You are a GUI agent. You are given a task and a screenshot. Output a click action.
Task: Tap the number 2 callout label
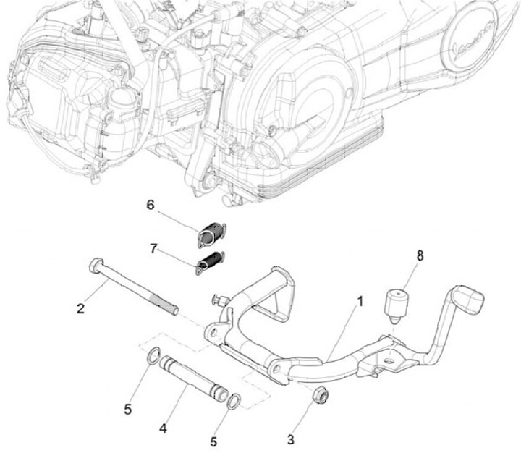coord(81,309)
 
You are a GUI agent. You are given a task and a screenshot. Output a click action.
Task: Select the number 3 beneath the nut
coord(292,439)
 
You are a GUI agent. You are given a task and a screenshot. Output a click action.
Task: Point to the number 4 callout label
coord(164,429)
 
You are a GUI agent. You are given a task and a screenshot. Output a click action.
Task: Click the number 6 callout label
coord(151,205)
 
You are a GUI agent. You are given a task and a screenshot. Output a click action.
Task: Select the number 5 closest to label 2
coord(128,410)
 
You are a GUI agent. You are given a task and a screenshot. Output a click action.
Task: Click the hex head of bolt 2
coord(95,266)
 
